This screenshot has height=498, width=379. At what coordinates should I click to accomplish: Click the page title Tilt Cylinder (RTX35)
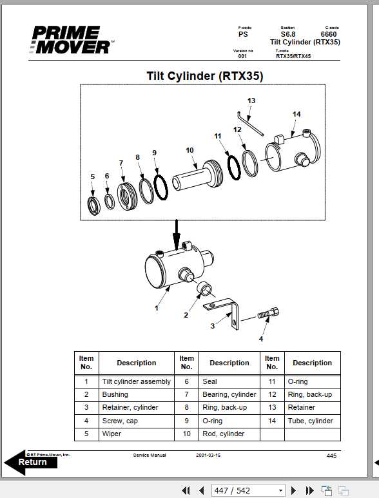(204, 76)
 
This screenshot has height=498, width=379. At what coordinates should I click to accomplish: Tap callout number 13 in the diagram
(251, 101)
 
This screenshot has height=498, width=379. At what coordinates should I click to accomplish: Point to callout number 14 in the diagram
(296, 114)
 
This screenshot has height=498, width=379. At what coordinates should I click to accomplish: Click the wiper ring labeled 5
(95, 206)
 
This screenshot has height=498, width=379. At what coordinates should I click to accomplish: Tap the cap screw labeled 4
(267, 316)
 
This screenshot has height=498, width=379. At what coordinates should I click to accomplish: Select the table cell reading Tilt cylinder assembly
(136, 381)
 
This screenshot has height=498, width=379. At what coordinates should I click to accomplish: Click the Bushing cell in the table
(115, 394)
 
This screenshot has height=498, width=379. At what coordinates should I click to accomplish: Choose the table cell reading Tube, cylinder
(310, 421)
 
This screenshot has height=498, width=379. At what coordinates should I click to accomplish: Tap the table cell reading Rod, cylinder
(223, 434)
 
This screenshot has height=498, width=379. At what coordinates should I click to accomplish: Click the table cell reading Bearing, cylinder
(229, 394)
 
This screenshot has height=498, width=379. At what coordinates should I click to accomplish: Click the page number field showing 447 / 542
(248, 490)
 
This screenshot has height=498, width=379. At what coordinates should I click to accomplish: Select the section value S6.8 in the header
(287, 35)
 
